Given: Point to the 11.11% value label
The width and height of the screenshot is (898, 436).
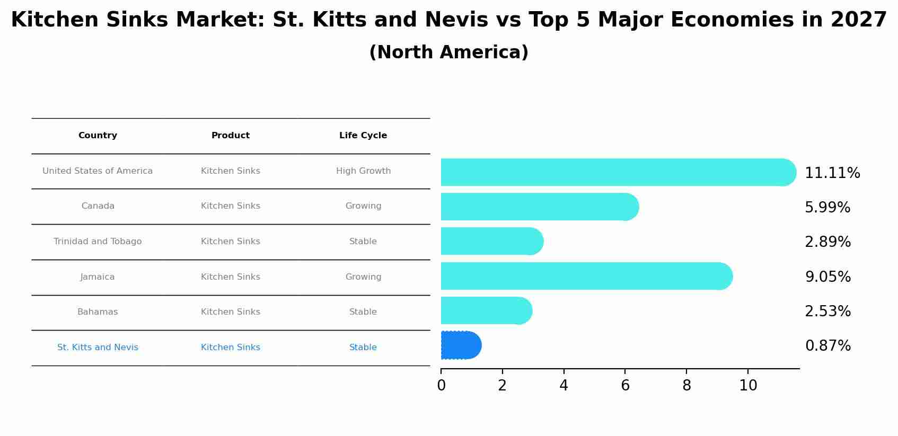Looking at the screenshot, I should [x=832, y=173].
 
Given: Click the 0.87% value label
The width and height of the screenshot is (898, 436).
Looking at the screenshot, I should [x=827, y=346].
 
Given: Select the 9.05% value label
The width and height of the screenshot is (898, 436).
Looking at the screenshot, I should [x=827, y=277].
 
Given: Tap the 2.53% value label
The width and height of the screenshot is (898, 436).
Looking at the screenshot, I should [x=827, y=312].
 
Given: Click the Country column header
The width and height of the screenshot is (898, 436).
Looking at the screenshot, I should [x=98, y=136].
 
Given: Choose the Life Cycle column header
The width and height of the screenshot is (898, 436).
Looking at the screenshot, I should [x=363, y=136].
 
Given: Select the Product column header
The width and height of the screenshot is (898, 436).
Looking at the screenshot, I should [x=231, y=136].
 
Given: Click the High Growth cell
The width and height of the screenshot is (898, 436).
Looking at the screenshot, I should [x=363, y=171].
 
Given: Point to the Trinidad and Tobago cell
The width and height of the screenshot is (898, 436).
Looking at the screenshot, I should [x=98, y=242].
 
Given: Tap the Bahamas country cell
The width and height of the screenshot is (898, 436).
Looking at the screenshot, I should [x=98, y=312].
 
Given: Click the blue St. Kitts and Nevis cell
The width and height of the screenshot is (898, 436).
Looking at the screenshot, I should [x=98, y=348].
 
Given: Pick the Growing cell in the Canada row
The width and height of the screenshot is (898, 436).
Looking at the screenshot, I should [x=363, y=206].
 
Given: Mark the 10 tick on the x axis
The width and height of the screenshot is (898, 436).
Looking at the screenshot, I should [x=748, y=386].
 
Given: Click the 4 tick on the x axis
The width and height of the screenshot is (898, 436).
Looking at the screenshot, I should [x=564, y=386].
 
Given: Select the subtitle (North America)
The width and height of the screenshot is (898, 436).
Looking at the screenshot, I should [x=448, y=52].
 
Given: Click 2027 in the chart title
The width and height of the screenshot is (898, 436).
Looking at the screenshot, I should [x=859, y=20].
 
